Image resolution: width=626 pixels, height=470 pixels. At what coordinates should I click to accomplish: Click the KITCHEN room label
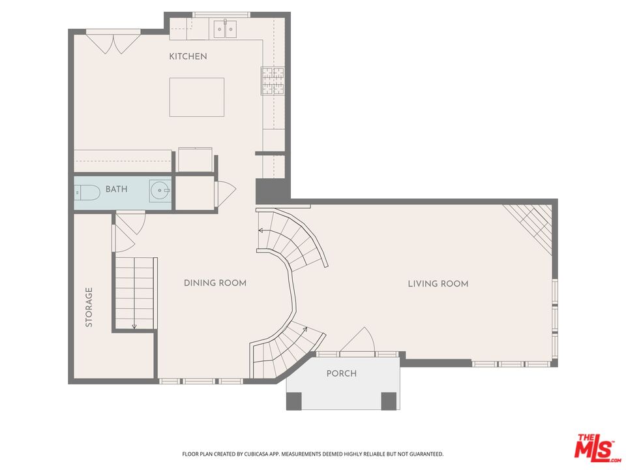pos(188,57)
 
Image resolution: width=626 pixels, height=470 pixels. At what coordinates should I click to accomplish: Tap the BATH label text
pos(117,189)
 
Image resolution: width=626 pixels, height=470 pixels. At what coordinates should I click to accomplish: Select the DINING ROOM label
pos(215,283)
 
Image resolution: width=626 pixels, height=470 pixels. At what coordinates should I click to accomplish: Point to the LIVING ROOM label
pos(438,284)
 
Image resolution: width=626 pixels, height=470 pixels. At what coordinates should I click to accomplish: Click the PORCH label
pos(342,374)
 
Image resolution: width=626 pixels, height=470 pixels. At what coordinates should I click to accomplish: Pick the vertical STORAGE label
pos(89,307)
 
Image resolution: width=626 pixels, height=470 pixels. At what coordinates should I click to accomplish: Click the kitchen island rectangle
pos(196,97)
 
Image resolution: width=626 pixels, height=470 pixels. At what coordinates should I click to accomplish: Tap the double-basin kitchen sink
pos(226,29)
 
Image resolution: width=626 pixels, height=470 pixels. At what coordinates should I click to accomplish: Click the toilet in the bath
pos(86,192)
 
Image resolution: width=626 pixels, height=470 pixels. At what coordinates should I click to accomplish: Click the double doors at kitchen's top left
pos(113,42)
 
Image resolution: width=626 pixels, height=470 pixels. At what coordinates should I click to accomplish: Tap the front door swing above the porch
pos(357,341)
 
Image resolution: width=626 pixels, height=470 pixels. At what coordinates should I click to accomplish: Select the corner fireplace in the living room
pos(531,225)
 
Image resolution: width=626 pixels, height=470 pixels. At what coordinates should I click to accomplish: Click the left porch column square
pos(294,400)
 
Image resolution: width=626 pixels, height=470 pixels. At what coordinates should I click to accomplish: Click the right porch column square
pos(389,400)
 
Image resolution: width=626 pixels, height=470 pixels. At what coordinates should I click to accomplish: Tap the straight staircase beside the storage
pos(136,292)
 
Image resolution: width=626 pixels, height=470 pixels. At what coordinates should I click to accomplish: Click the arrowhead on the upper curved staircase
pos(261,230)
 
